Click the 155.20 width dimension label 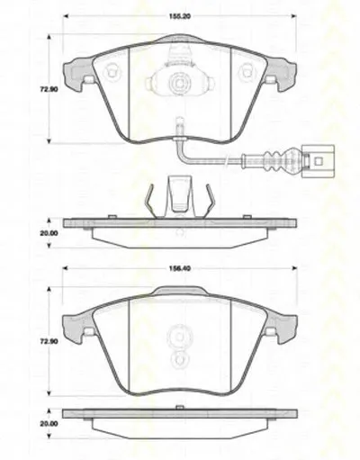[179, 16]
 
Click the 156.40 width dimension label [179, 268]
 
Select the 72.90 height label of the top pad [49, 89]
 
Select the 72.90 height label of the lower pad [49, 341]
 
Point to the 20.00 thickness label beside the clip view [49, 233]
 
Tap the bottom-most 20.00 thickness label [49, 424]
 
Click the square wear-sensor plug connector [318, 161]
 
